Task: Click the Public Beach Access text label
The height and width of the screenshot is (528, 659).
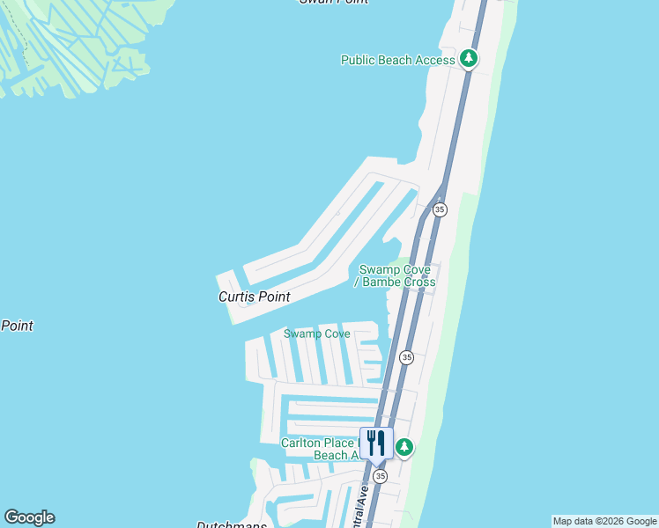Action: point(397,60)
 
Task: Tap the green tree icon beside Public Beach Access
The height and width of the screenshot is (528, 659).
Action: point(470,59)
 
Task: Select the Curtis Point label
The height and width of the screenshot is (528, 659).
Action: point(254,297)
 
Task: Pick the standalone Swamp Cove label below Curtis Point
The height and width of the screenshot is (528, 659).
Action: point(316,334)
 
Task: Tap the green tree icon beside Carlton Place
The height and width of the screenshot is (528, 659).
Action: point(404,447)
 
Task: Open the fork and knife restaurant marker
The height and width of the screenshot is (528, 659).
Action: point(376,443)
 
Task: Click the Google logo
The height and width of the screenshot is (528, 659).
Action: point(29,517)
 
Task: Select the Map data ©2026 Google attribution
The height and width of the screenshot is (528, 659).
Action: point(604,521)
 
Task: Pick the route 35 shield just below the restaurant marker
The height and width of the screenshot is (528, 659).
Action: point(380,476)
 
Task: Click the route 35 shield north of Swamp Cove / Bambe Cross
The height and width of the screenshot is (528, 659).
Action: point(440,209)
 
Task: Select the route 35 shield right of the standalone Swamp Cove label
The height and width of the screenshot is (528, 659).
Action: point(405,357)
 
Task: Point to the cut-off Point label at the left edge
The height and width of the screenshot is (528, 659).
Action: point(17,326)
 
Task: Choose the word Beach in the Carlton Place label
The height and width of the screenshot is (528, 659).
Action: point(331,455)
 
